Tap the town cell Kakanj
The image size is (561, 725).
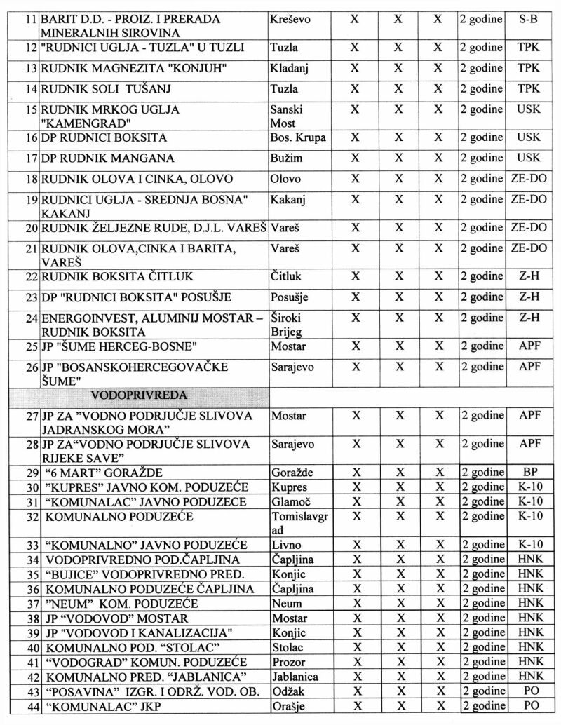[288, 200]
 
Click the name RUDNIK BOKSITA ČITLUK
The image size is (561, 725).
[117, 276]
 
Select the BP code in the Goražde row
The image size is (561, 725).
[529, 473]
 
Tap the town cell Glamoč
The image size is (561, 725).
[288, 501]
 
